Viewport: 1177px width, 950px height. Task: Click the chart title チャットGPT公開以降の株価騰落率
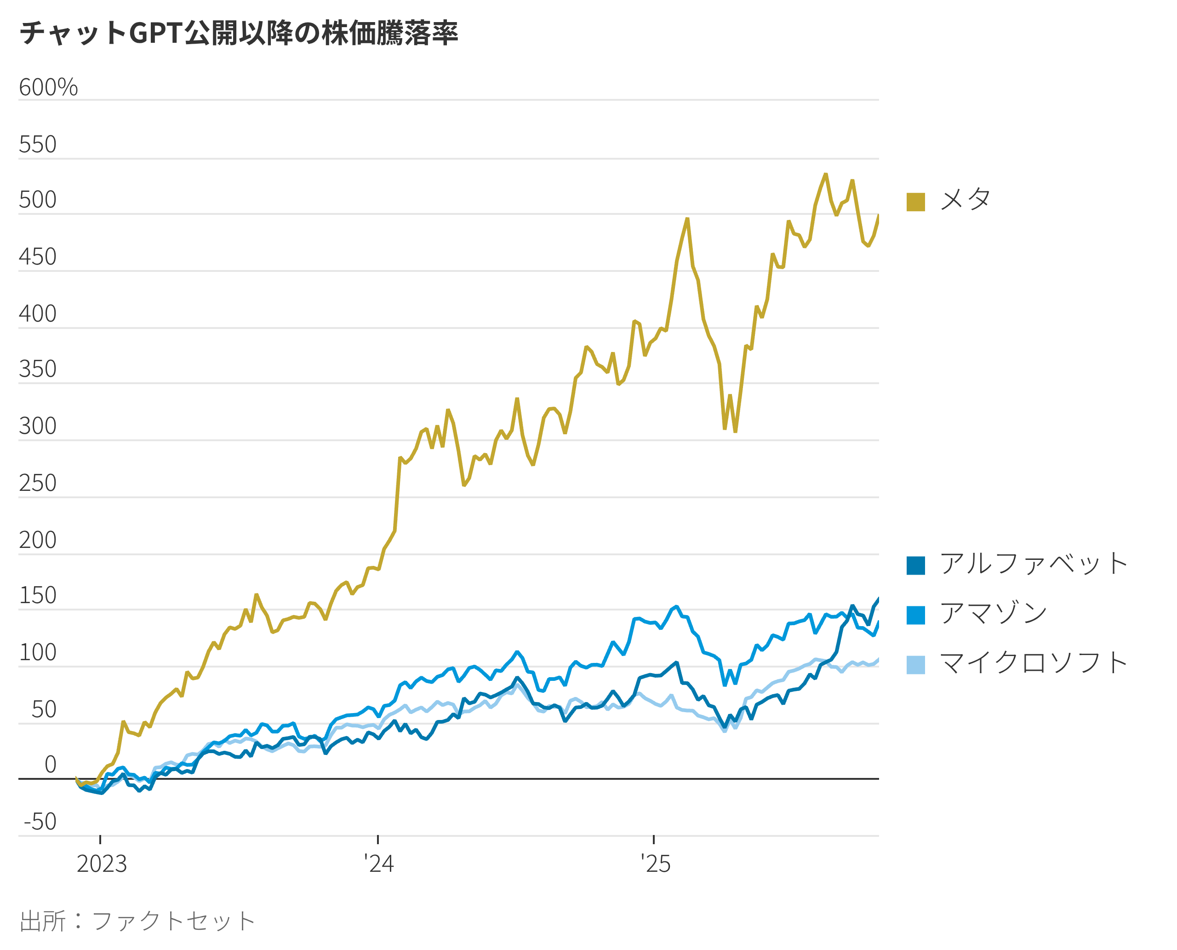coord(239,33)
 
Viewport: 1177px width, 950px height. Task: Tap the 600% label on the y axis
coord(48,87)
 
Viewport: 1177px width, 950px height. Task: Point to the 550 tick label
coord(37,144)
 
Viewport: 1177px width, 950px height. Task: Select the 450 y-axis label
coord(37,257)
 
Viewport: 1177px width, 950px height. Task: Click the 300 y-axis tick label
coord(37,426)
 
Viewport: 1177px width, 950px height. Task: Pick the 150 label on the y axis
coord(37,595)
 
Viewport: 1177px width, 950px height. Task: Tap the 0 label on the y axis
coord(50,765)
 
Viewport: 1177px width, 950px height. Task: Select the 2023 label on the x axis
coord(101,864)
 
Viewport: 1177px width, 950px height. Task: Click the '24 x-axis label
coord(378,864)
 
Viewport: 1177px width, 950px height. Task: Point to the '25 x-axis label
coord(655,864)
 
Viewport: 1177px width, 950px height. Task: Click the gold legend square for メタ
coord(915,202)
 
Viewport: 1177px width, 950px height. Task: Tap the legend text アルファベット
coord(1034,564)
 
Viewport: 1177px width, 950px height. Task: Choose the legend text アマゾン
coord(993,613)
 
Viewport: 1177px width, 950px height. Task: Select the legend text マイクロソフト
coord(1034,663)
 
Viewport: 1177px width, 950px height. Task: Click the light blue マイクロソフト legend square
coord(915,665)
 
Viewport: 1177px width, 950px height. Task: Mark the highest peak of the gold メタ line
coord(826,174)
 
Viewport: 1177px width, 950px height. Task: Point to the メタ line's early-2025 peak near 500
coord(687,219)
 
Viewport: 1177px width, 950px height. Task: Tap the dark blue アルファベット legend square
coord(915,565)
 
